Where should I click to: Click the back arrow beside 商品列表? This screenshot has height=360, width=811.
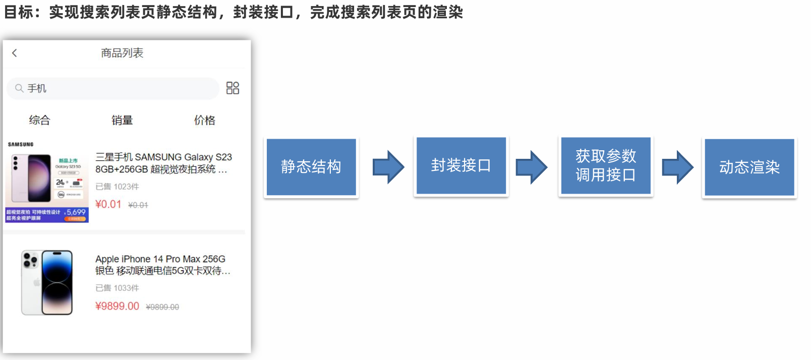[x=15, y=53]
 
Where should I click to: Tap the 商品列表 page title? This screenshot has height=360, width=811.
[x=122, y=53]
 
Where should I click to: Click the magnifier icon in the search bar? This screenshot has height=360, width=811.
[x=19, y=88]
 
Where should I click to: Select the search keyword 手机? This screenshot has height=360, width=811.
[x=37, y=89]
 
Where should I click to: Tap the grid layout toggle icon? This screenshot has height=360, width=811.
[x=233, y=88]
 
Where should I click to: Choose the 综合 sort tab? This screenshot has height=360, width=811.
[x=39, y=120]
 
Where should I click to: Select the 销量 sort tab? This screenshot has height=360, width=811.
[x=122, y=120]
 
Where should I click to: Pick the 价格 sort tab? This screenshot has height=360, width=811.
[x=204, y=120]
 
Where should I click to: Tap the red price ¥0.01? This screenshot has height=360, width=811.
[x=108, y=204]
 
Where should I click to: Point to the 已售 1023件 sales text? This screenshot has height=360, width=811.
[x=117, y=187]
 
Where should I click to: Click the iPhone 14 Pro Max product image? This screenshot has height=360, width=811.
[x=47, y=282]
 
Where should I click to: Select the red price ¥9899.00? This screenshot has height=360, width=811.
[x=117, y=306]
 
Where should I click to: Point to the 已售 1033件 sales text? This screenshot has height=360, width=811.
[x=117, y=288]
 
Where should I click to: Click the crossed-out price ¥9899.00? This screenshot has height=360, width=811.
[x=162, y=307]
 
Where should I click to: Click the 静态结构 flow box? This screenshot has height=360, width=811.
[x=311, y=167]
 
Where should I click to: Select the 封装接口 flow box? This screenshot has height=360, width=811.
[x=461, y=165]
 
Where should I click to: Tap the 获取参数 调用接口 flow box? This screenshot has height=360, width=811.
[x=606, y=165]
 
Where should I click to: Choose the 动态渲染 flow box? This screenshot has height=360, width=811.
[x=749, y=167]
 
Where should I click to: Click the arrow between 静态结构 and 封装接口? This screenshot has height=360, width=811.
[x=388, y=167]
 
